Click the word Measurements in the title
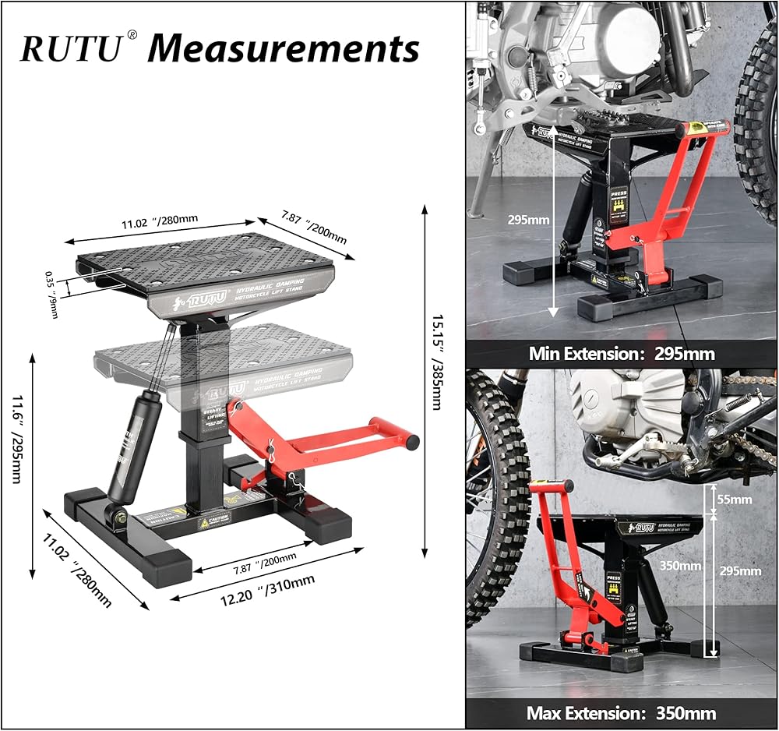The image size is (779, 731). [284, 48]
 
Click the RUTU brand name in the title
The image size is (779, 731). [71, 48]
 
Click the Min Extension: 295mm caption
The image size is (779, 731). [621, 353]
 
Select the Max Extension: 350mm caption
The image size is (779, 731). [621, 712]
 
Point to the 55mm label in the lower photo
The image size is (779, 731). [736, 499]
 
